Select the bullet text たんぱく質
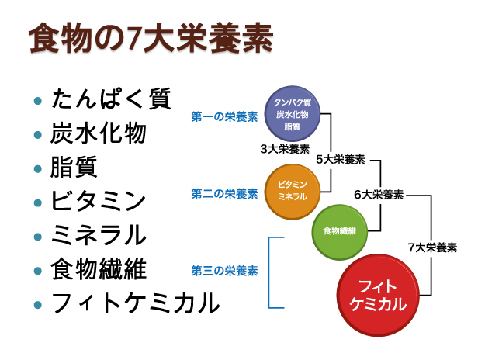[111, 100]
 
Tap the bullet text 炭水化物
[99, 133]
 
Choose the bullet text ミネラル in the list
[99, 234]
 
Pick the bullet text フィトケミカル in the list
[135, 303]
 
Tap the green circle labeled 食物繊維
[339, 231]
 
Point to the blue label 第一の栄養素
[224, 117]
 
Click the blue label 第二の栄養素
[224, 193]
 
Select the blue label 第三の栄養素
[224, 272]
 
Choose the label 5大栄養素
[341, 159]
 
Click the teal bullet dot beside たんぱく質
[36, 102]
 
